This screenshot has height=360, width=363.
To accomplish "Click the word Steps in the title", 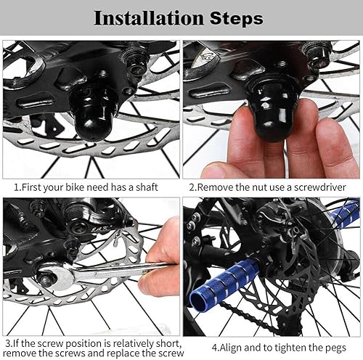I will tap(236, 17).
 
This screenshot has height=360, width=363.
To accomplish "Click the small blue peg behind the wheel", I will tap(345, 214).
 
